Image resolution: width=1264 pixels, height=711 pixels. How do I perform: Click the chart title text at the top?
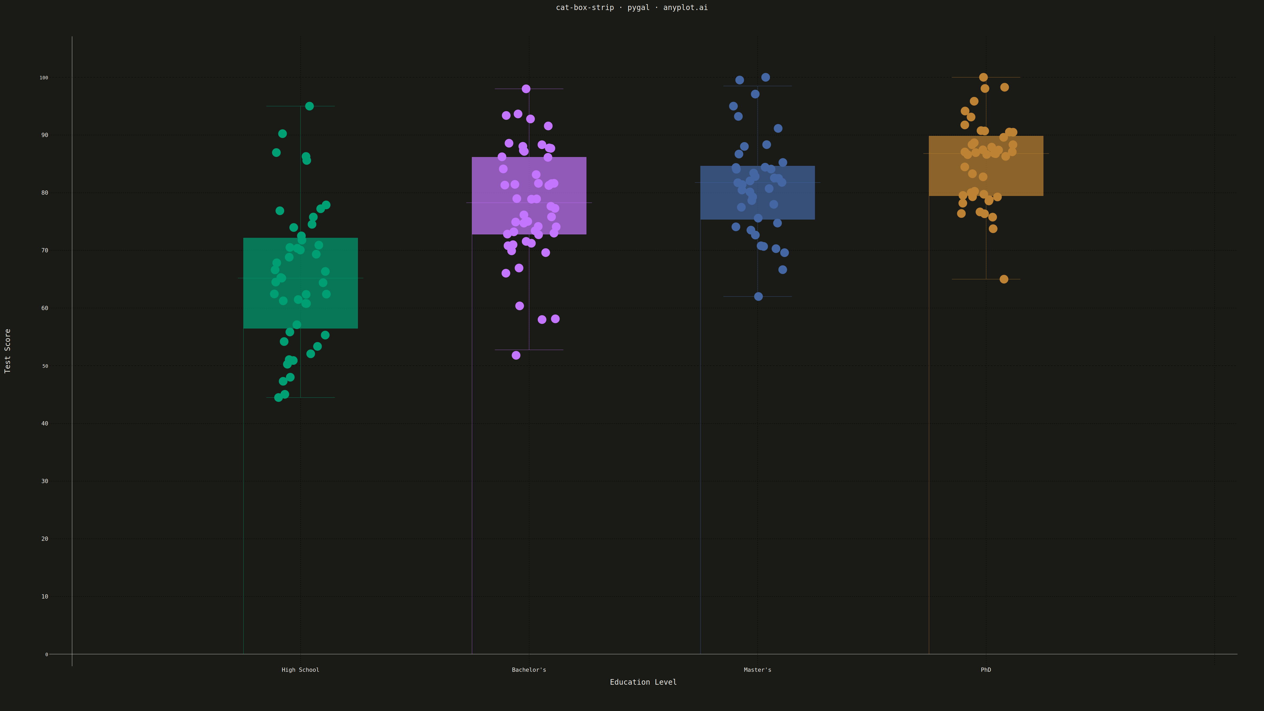631,7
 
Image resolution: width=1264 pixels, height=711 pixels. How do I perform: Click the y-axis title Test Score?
7,351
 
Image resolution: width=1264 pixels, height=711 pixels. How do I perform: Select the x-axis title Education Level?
643,682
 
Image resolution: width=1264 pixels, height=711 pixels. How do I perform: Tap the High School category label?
300,670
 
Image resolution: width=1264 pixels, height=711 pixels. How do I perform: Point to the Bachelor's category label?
529,670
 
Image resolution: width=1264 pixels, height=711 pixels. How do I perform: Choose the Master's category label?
757,670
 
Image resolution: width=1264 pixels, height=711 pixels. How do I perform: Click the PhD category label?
986,670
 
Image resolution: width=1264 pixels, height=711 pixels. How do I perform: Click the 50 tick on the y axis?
45,366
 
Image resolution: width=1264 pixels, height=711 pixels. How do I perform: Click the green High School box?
300,283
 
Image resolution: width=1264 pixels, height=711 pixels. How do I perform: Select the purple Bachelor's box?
529,196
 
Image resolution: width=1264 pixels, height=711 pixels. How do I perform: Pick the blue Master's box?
757,193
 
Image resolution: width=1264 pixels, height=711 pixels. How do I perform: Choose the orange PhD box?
986,166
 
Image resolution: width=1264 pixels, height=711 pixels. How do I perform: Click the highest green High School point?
309,106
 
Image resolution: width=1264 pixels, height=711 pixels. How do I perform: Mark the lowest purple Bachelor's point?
516,355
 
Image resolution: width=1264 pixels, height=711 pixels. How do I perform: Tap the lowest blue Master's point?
758,296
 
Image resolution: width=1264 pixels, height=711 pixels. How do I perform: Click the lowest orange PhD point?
1004,279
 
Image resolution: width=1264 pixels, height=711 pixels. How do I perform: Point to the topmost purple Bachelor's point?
526,89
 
